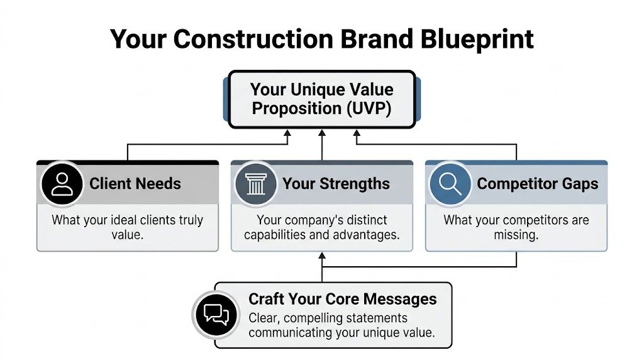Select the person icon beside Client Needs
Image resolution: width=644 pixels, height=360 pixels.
click(61, 184)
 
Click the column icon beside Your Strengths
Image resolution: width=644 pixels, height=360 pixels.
click(255, 184)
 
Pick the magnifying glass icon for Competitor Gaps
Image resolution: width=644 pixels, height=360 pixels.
click(450, 184)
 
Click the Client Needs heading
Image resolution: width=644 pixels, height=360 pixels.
click(135, 184)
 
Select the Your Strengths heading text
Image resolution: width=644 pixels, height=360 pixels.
click(336, 184)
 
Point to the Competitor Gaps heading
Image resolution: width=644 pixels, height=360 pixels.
click(537, 184)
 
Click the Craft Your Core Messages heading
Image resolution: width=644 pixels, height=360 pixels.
click(342, 299)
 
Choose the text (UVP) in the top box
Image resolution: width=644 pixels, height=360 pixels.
click(368, 108)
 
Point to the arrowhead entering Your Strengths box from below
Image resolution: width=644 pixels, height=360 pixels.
click(322, 256)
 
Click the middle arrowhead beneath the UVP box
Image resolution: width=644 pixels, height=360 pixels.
click(322, 133)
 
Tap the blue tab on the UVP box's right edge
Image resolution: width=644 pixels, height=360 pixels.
click(418, 99)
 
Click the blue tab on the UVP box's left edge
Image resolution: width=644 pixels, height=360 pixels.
click(226, 99)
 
